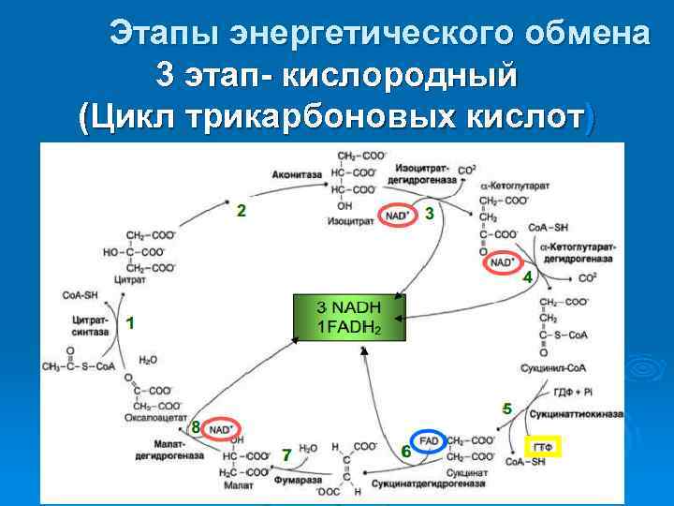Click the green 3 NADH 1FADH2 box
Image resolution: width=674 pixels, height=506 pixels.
349,319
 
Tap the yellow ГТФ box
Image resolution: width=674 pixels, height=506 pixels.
542,447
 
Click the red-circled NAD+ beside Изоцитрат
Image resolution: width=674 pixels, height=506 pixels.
398,216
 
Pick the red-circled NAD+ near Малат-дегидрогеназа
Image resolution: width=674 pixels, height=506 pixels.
220,429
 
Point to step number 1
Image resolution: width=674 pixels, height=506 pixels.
131,323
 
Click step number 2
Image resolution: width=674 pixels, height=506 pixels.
242,211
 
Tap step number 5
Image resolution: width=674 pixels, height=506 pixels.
506,409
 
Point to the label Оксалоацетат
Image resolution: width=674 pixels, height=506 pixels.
151,418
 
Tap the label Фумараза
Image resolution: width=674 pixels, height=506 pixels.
305,479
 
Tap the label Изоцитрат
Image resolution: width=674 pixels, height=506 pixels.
347,222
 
